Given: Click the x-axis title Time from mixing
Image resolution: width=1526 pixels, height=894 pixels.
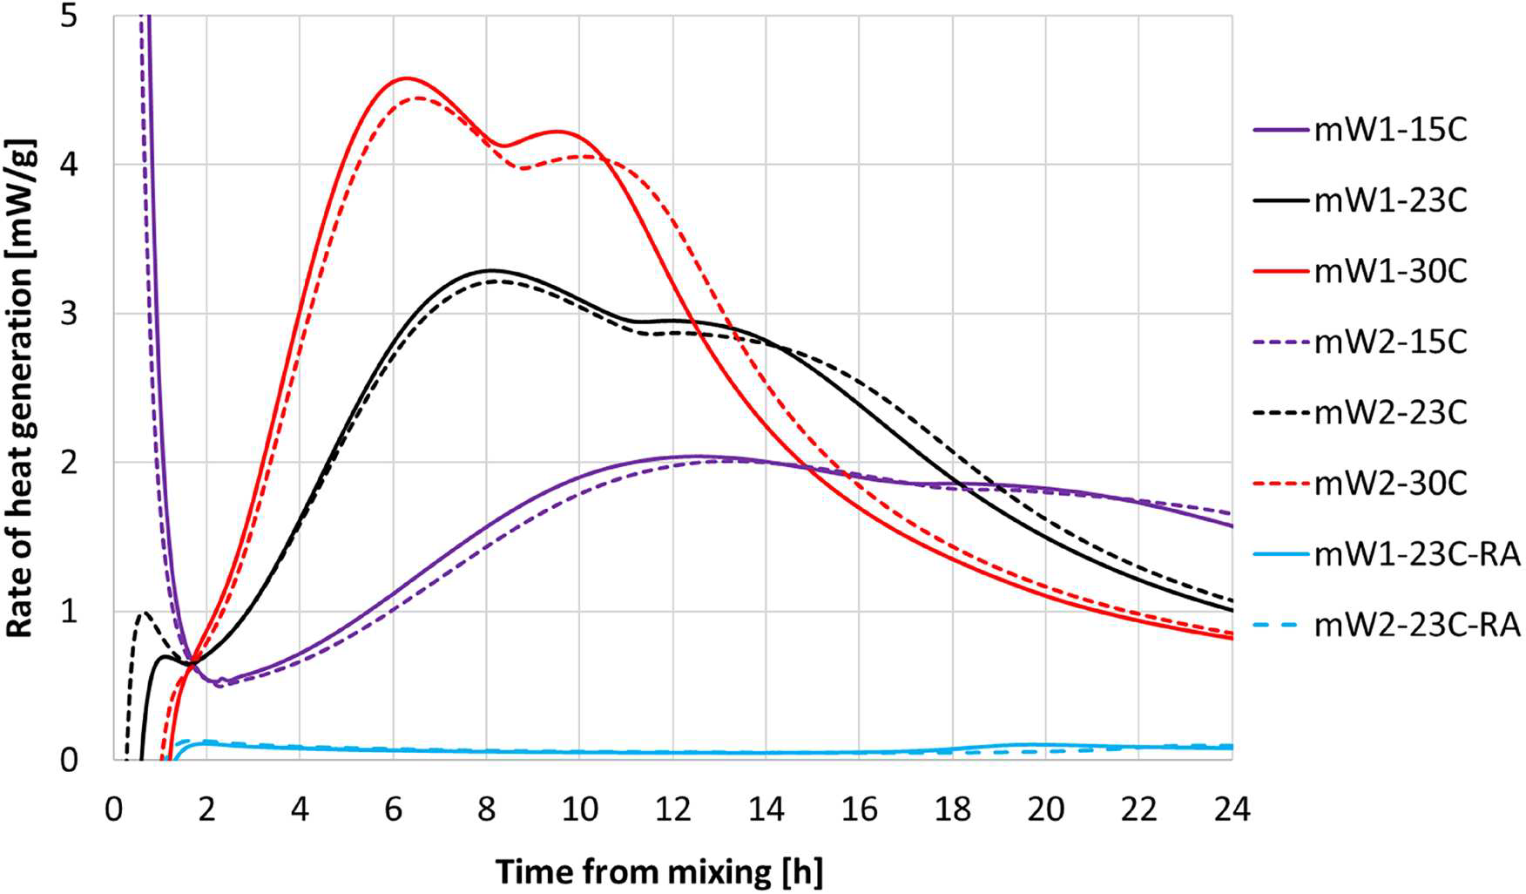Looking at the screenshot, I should coord(658,871).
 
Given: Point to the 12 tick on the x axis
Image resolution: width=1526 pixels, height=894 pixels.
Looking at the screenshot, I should coord(672,809).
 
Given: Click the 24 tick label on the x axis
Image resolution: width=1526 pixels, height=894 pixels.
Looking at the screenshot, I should coord(1232,809).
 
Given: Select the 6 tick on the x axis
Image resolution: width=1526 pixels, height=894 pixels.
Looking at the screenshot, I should coord(393,809).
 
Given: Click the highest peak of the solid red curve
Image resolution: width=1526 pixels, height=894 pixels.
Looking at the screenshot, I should coord(405,78).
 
